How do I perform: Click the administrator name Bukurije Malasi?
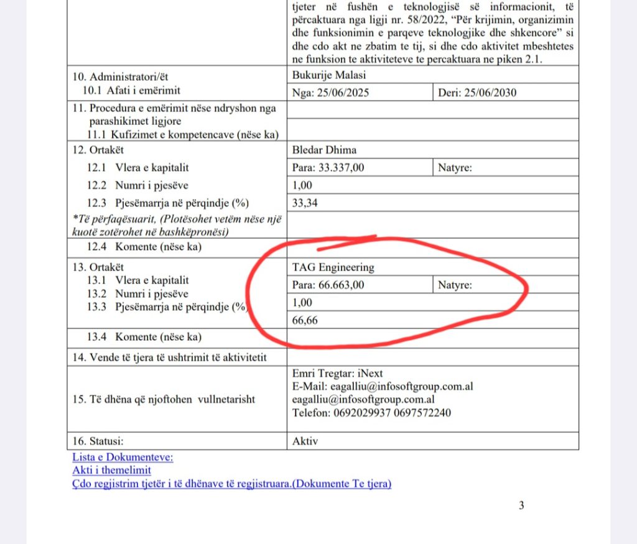[x=328, y=76]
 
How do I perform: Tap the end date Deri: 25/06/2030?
[x=477, y=93]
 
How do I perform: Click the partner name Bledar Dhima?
[x=324, y=150]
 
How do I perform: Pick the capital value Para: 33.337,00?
[x=328, y=167]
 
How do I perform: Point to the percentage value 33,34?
[x=305, y=203]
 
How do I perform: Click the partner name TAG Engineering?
[x=333, y=267]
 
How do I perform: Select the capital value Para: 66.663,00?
[x=328, y=285]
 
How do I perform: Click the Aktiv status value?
[x=305, y=441]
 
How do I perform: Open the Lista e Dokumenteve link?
[x=123, y=458]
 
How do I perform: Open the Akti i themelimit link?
[x=112, y=470]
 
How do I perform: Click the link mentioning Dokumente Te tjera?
[x=231, y=483]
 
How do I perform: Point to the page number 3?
[x=521, y=505]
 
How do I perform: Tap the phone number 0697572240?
[x=421, y=413]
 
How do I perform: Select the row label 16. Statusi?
[x=98, y=441]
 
